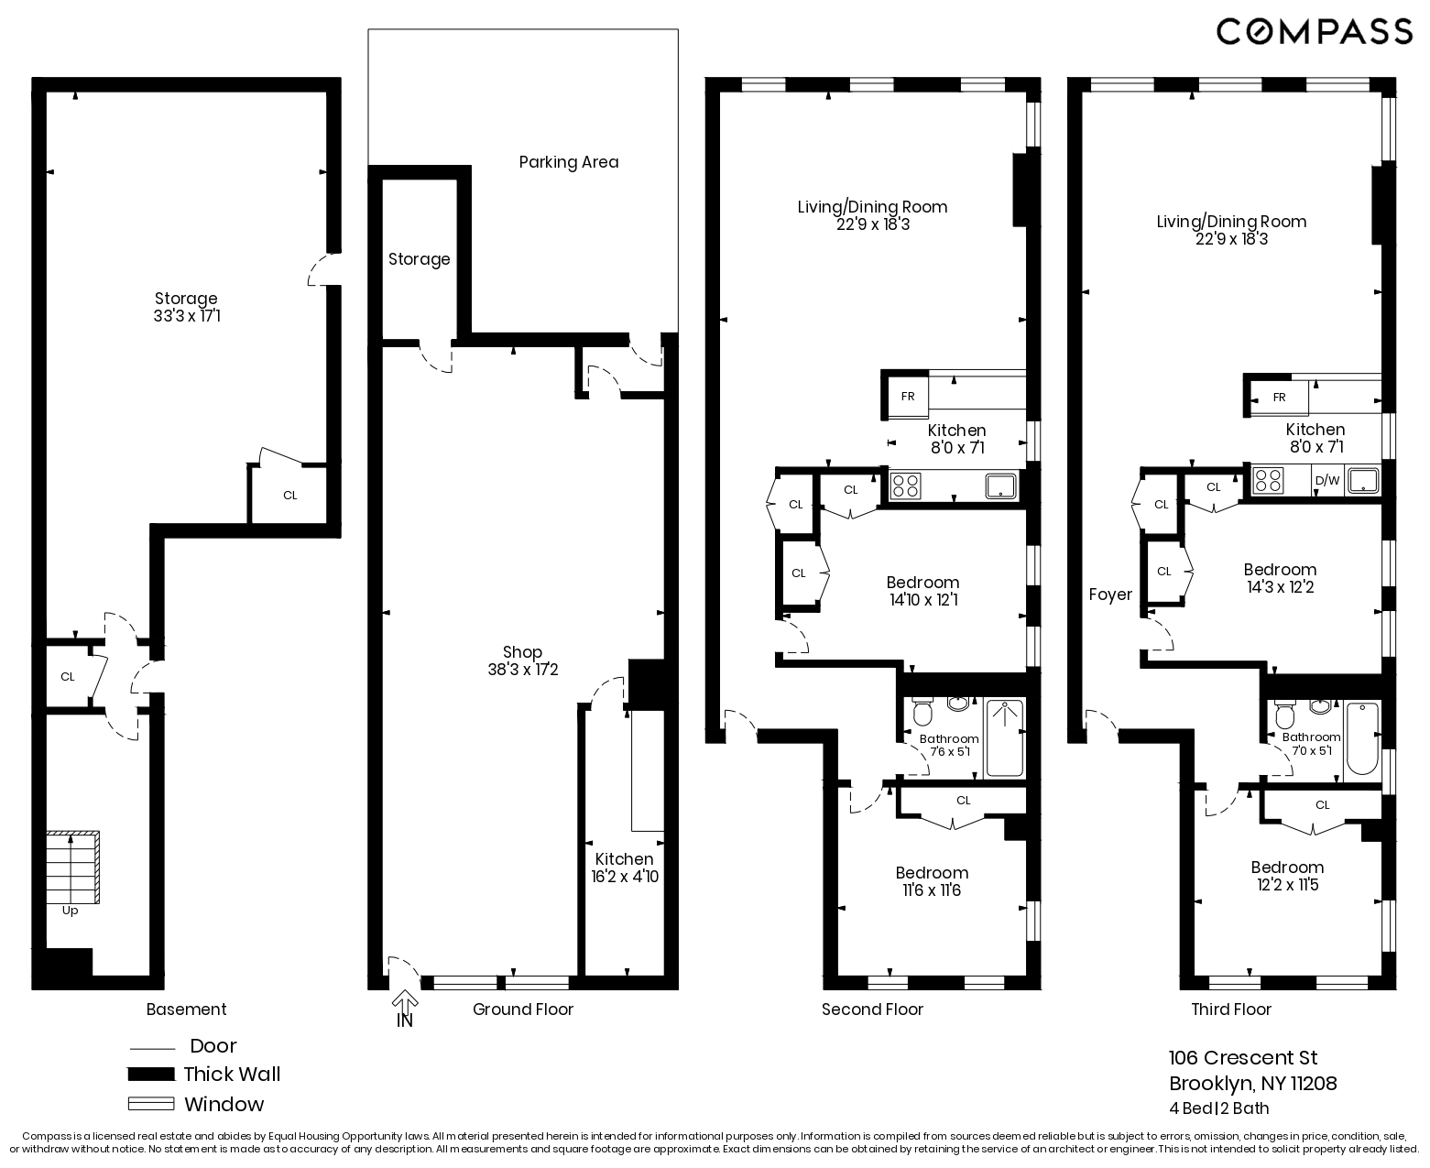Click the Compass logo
[x=1314, y=31]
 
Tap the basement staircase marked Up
[x=72, y=867]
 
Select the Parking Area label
[x=568, y=162]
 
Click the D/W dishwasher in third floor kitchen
[x=1326, y=480]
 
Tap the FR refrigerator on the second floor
[x=907, y=397]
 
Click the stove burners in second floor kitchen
[x=906, y=486]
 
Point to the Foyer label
[x=1110, y=595]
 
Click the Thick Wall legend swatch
[x=151, y=1075]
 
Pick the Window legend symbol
[x=151, y=1104]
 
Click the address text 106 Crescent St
[x=1243, y=1058]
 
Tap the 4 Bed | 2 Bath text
[x=1218, y=1108]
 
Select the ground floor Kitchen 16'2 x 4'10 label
[x=624, y=868]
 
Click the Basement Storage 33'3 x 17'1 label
[x=186, y=307]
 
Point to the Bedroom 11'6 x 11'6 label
[x=932, y=881]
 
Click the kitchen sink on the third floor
[x=1362, y=480]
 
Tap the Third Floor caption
[x=1231, y=1010]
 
